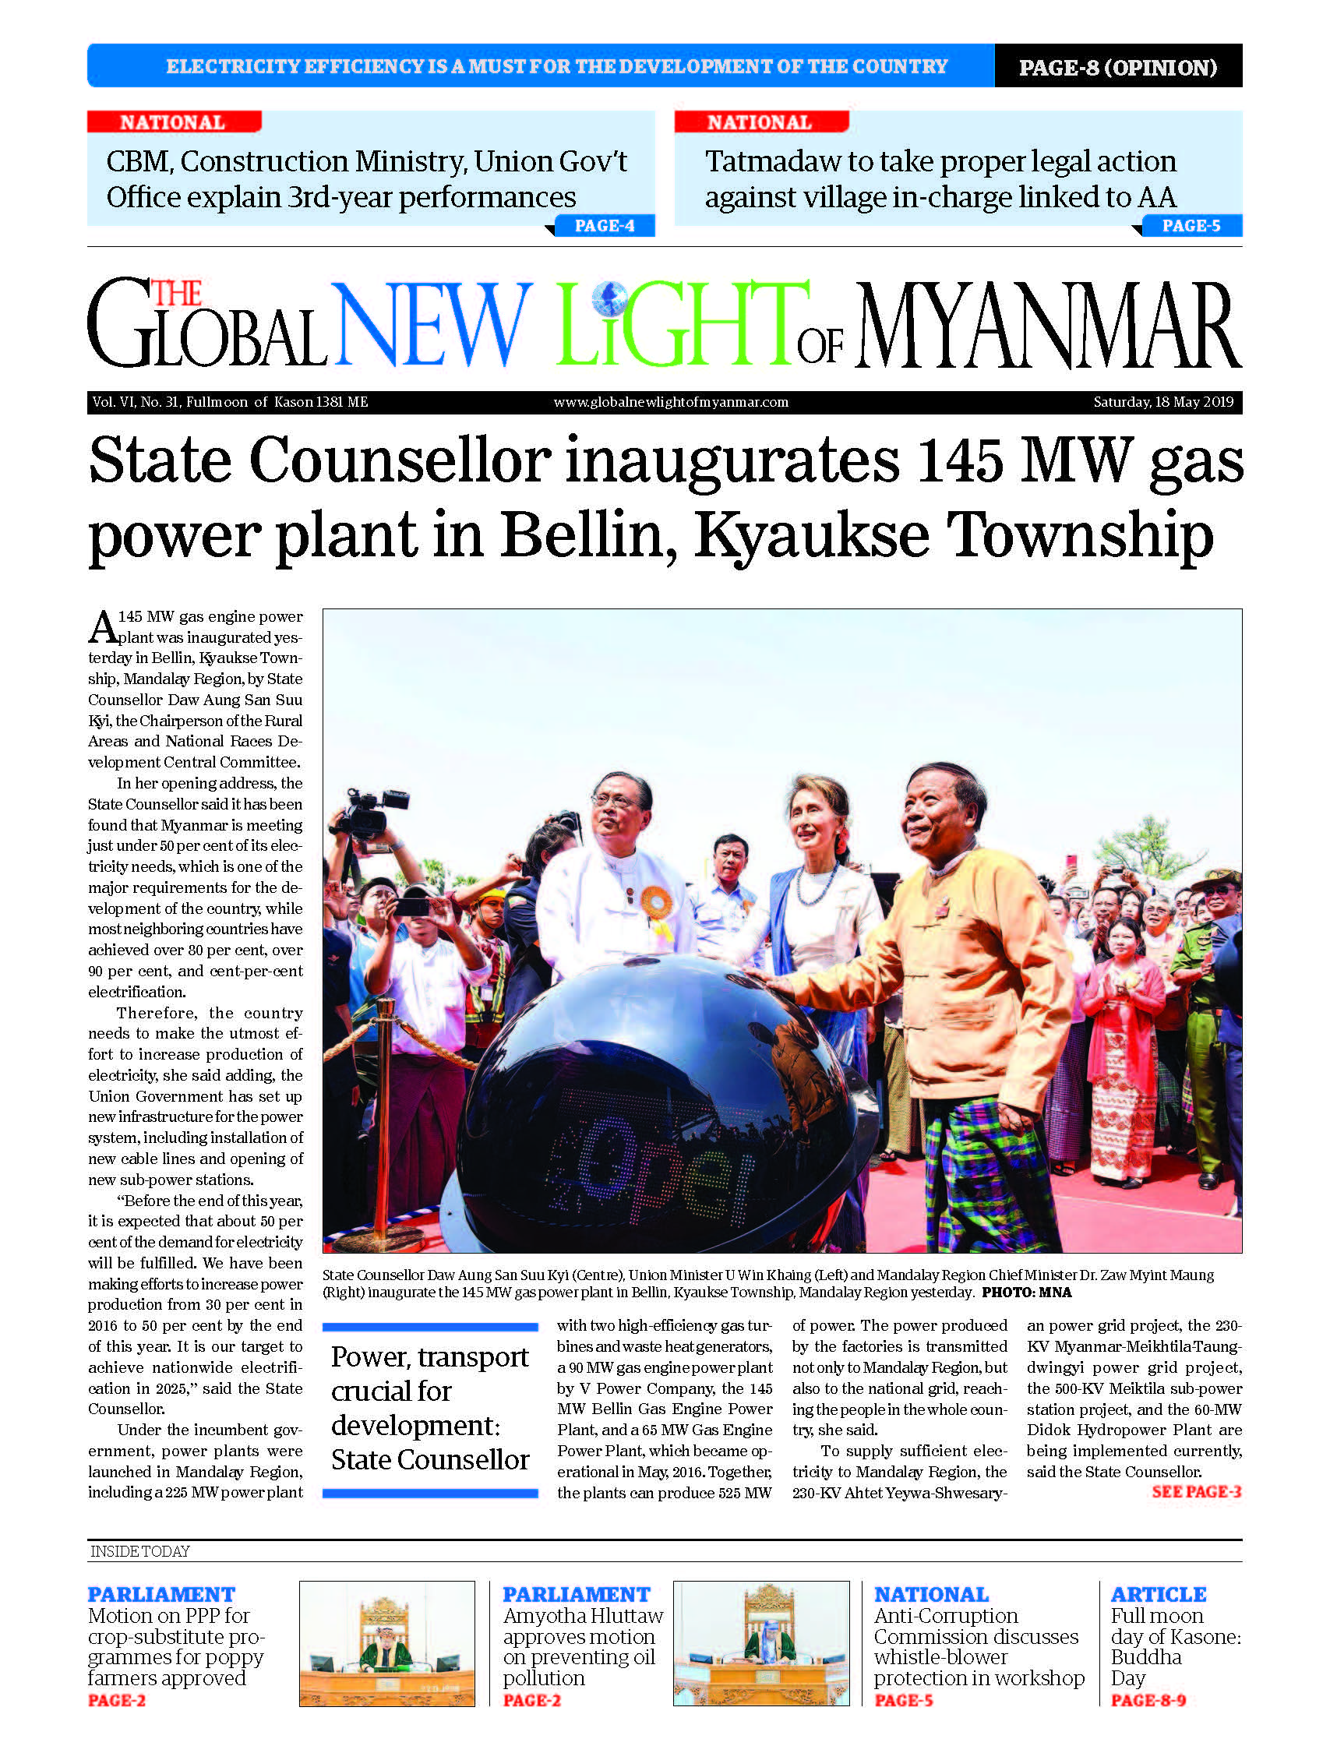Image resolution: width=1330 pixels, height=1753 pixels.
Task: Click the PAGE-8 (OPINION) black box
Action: point(1117,67)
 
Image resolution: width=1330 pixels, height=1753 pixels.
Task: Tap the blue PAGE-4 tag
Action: point(604,226)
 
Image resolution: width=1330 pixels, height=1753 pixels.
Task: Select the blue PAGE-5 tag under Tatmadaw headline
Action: point(1191,226)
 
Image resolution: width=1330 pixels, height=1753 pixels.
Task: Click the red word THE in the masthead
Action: point(177,294)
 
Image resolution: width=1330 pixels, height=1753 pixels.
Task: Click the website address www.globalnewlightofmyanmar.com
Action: point(671,402)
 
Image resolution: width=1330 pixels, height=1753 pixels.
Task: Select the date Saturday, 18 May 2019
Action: point(1162,402)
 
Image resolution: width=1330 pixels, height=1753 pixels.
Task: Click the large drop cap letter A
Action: point(102,629)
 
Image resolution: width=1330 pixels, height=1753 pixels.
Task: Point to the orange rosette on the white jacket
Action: point(657,903)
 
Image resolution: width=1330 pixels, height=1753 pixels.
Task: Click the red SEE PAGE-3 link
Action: point(1195,1491)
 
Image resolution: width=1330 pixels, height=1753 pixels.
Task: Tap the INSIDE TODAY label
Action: point(140,1551)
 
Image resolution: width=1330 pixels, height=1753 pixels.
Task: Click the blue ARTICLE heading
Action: point(1157,1595)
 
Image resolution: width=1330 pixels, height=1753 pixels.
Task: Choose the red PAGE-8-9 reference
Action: point(1148,1700)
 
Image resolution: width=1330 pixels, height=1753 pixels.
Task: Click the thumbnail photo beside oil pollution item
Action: point(761,1643)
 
